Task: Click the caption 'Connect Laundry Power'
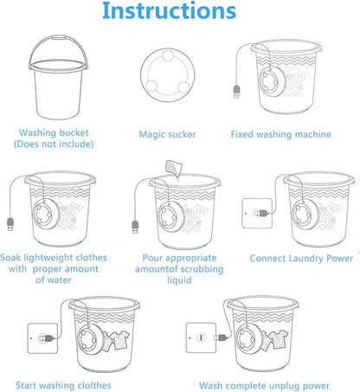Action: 302,258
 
